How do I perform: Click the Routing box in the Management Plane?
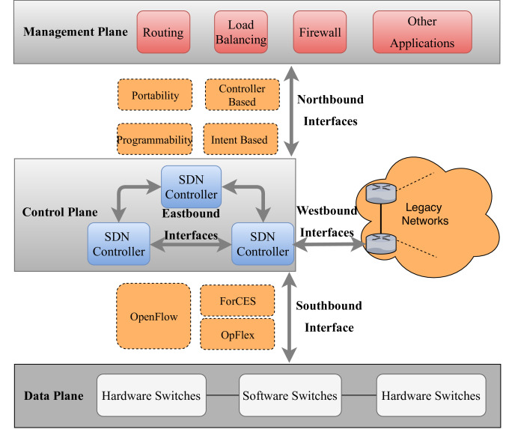click(x=163, y=32)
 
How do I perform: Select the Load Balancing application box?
click(x=240, y=32)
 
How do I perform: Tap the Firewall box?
click(x=319, y=32)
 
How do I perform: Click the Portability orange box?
click(x=155, y=95)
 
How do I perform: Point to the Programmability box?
click(x=155, y=139)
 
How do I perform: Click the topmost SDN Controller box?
click(x=192, y=186)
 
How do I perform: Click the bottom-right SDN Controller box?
click(x=262, y=244)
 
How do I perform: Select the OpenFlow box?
click(x=153, y=317)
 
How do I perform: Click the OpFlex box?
click(x=237, y=335)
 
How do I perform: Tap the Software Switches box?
click(x=289, y=395)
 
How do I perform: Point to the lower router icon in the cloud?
click(x=379, y=241)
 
